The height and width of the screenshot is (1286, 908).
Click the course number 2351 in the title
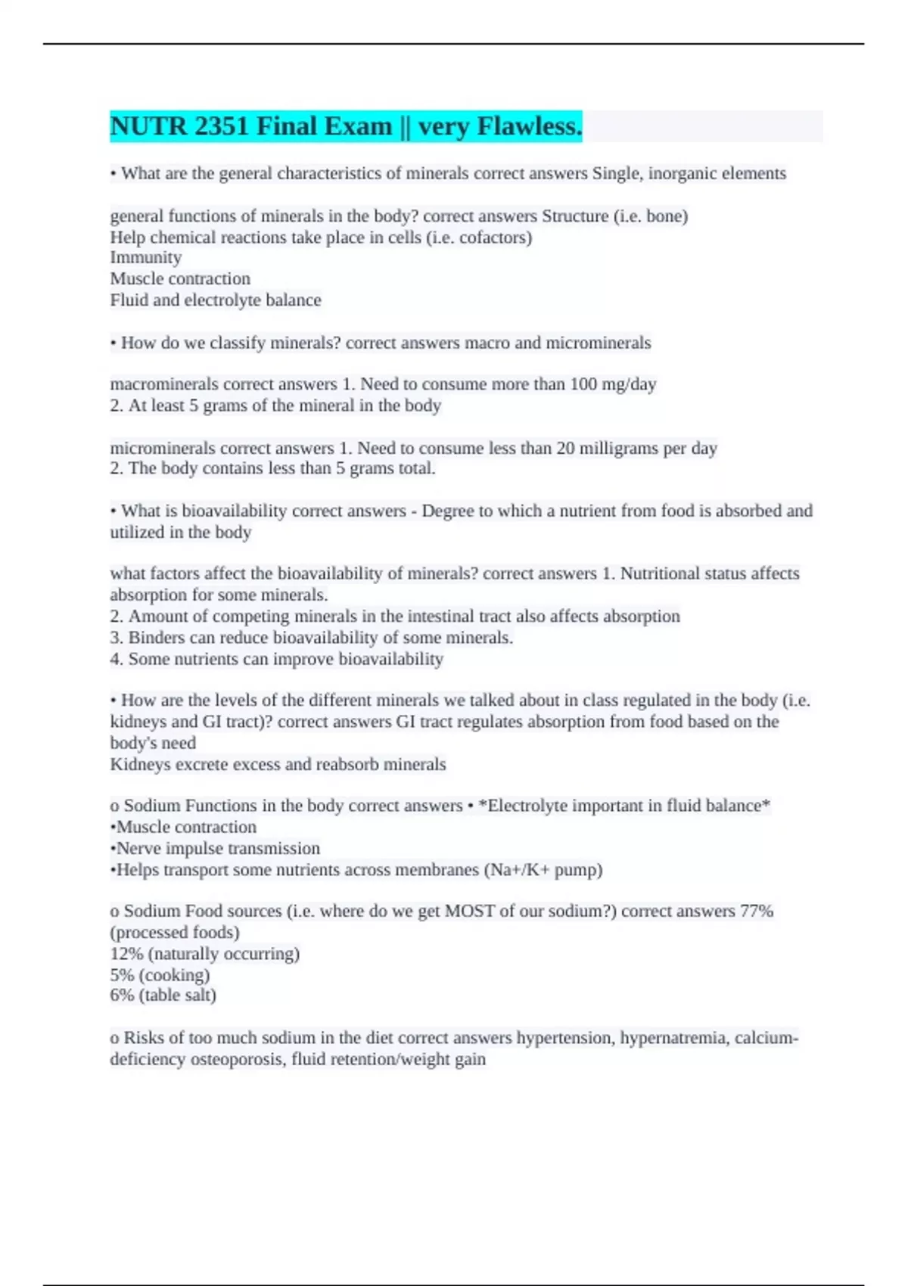[x=222, y=126]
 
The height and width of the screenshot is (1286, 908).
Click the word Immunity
[x=145, y=258]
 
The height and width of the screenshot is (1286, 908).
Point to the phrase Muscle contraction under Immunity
[x=180, y=279]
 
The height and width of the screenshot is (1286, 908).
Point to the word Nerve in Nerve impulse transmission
[x=137, y=849]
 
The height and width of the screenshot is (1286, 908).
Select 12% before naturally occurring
[x=122, y=954]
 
